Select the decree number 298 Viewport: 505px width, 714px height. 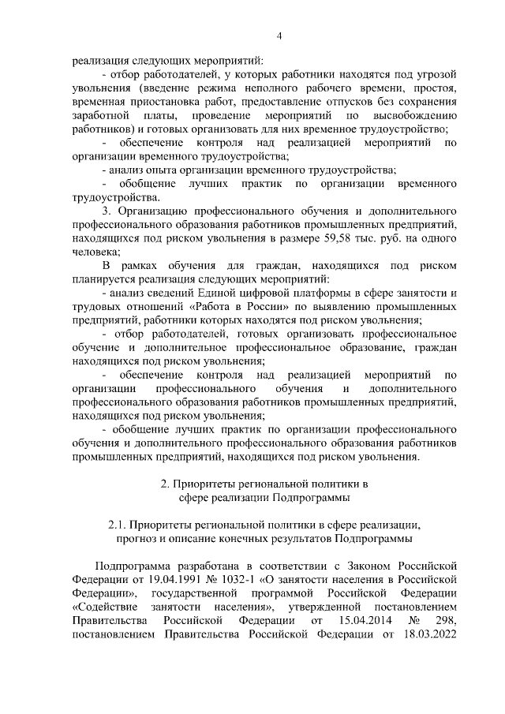pos(446,622)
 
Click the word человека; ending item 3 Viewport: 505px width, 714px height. pos(96,252)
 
